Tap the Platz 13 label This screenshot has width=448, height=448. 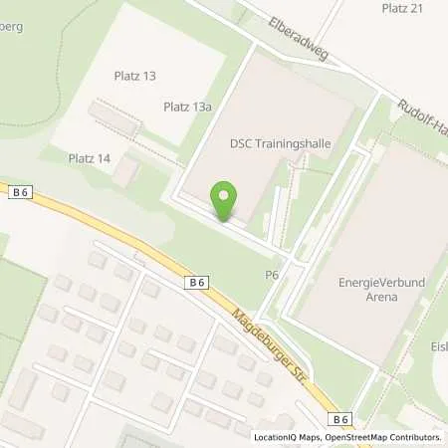[x=136, y=76]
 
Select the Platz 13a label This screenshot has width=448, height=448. [x=188, y=107]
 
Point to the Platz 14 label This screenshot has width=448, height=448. [x=89, y=158]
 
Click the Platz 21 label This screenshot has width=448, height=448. [x=402, y=8]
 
